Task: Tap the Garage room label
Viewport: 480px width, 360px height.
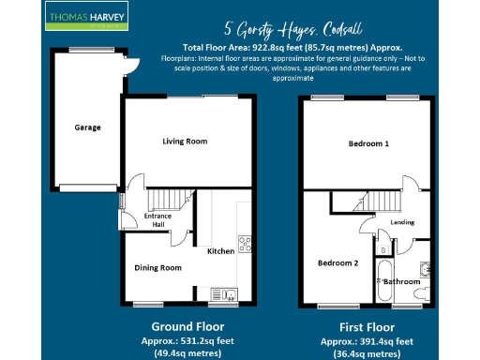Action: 88,127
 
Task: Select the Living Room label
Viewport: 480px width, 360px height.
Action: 185,142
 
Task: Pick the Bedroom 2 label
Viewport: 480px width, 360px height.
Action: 337,262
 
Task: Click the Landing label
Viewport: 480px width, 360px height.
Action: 402,222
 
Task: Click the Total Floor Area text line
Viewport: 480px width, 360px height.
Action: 293,46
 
